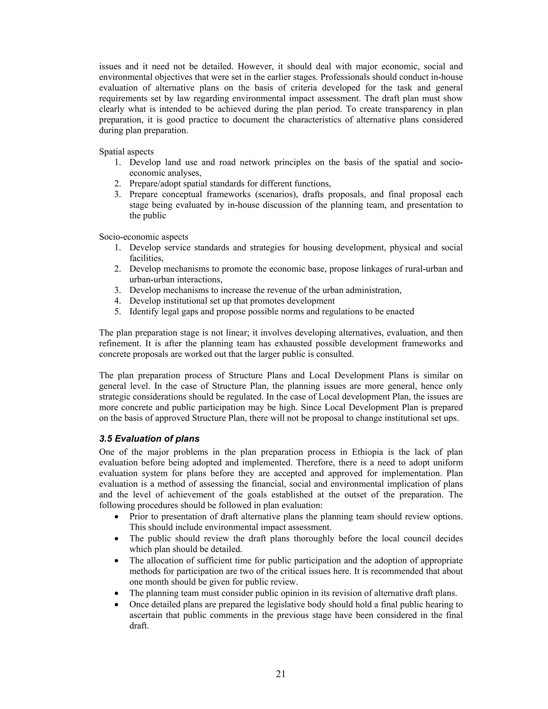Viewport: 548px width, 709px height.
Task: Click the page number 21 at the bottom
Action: (280, 674)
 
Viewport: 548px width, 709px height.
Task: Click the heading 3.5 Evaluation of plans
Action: (149, 439)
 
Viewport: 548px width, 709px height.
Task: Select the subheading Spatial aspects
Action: (126, 152)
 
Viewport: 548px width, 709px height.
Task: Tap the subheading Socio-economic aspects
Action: (143, 237)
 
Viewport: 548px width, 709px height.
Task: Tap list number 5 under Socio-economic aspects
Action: (117, 312)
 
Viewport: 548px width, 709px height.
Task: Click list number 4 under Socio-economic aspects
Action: (117, 301)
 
